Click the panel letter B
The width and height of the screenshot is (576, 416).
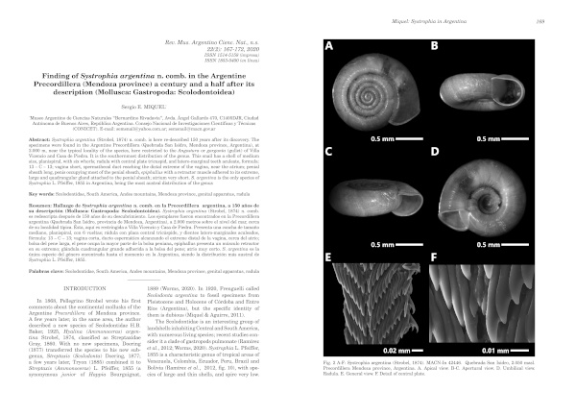434,45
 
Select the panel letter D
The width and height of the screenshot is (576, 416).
434,151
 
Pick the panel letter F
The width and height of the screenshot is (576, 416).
434,257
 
